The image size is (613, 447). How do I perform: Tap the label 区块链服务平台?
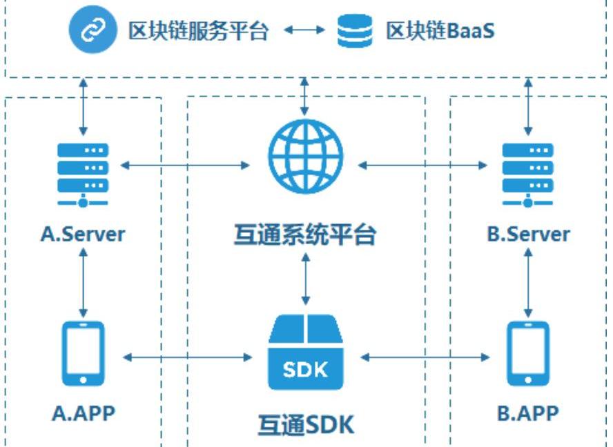(x=198, y=31)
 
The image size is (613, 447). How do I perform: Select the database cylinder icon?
(x=354, y=32)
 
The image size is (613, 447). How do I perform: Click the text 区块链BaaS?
(x=440, y=31)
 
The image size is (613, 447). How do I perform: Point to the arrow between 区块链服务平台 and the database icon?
(x=304, y=31)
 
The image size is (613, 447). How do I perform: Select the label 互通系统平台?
(x=305, y=235)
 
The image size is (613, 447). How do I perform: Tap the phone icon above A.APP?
(x=83, y=352)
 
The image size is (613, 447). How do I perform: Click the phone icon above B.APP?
(x=528, y=352)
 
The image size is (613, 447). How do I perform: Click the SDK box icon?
(x=305, y=352)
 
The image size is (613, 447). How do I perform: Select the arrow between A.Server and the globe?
(x=185, y=165)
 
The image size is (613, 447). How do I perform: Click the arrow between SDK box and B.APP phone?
(x=425, y=357)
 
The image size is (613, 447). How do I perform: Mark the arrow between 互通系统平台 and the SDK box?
(x=305, y=279)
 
